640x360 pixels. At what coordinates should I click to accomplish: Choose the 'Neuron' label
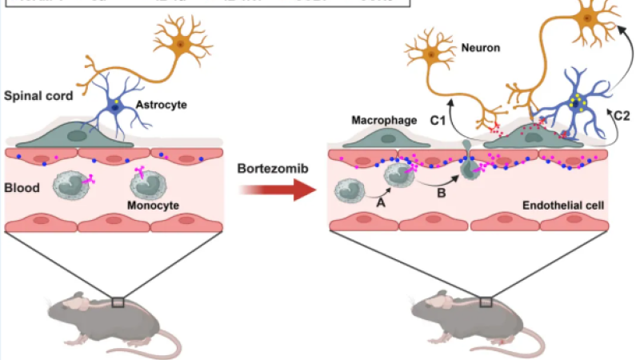point(481,48)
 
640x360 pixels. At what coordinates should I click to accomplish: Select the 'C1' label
point(436,120)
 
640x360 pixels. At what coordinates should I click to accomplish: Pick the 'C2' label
point(621,116)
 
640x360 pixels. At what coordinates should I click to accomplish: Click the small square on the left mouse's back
point(118,302)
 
